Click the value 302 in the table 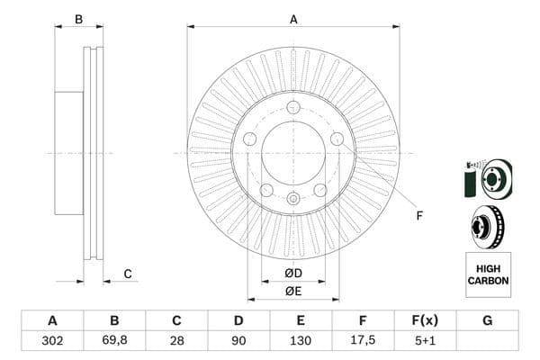click(x=52, y=341)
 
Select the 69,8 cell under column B click(x=114, y=341)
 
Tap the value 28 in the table click(x=176, y=341)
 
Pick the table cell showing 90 click(x=238, y=341)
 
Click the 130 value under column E click(x=301, y=341)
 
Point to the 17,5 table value click(x=363, y=341)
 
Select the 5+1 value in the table click(x=425, y=341)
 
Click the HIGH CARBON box click(x=488, y=274)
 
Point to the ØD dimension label click(x=292, y=273)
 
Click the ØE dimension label click(x=292, y=290)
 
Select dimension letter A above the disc click(x=293, y=19)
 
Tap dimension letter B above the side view click(x=78, y=19)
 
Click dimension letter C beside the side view click(x=128, y=274)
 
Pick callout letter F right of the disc click(x=418, y=214)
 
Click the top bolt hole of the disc click(x=293, y=107)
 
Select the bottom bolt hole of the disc click(x=293, y=199)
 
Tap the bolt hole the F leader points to click(x=337, y=139)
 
